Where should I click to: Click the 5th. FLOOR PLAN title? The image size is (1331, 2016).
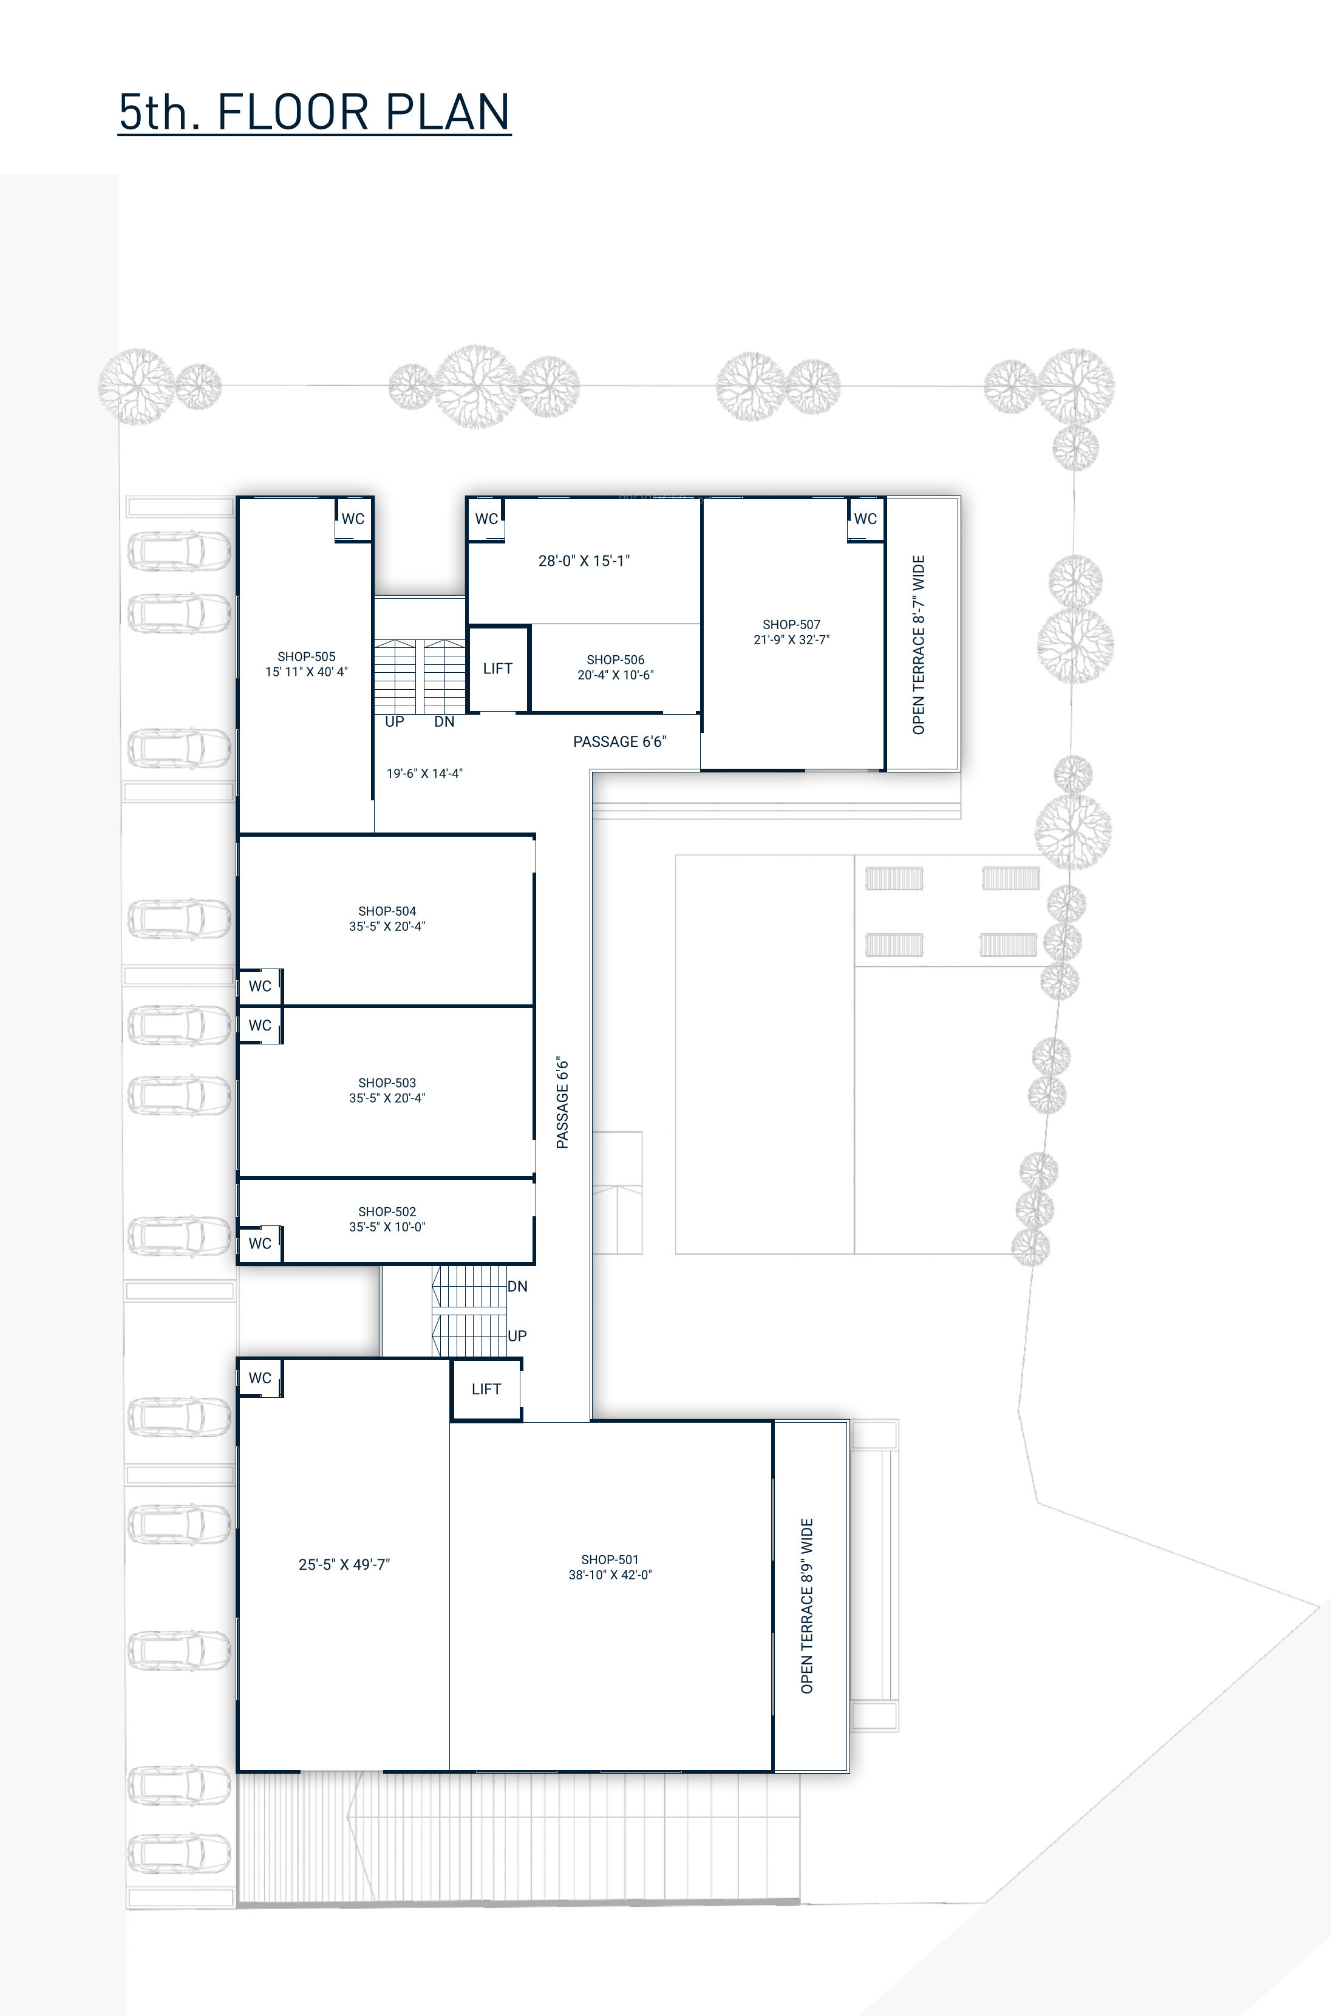(314, 112)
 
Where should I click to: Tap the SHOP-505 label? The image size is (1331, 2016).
(307, 656)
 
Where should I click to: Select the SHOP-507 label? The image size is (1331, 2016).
(791, 624)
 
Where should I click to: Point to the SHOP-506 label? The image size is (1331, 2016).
(616, 659)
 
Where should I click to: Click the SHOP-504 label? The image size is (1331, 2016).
(387, 911)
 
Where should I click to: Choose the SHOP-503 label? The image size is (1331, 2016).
(387, 1082)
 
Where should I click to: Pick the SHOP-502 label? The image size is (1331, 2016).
(387, 1211)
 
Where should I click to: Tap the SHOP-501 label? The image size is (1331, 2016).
(610, 1559)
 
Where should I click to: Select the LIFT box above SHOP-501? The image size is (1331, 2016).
(486, 1389)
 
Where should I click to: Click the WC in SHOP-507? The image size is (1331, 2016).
(865, 519)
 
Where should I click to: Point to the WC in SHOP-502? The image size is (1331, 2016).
(260, 1244)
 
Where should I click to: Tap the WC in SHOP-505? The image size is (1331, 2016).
(353, 519)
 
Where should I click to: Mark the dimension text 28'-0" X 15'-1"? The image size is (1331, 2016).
(584, 560)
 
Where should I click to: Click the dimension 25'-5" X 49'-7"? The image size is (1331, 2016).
(344, 1564)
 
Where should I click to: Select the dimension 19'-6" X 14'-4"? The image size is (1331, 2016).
(424, 773)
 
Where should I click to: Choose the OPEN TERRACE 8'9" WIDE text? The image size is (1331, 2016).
(806, 1606)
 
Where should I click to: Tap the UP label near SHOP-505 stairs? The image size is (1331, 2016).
(395, 721)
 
